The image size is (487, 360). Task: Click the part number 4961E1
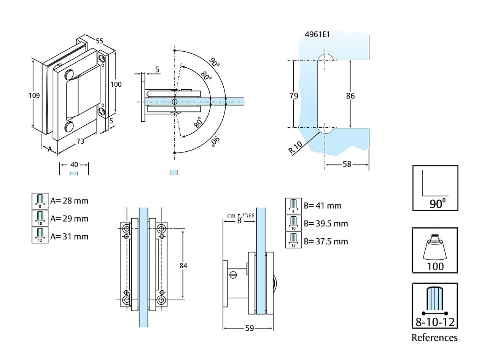[x=317, y=35]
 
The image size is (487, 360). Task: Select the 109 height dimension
[x=34, y=95]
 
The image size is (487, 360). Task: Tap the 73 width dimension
[x=81, y=141]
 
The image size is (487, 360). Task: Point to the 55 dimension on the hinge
[x=99, y=41]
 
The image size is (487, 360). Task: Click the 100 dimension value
[x=116, y=84]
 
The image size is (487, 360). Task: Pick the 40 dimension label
[x=74, y=165]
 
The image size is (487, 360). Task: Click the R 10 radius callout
[x=296, y=147]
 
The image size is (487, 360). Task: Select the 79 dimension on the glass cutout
[x=294, y=96]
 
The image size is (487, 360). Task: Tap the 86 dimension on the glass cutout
[x=350, y=96]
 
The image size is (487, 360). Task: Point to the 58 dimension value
[x=347, y=164]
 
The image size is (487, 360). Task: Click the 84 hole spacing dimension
[x=183, y=266]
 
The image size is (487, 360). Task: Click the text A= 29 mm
[x=69, y=219]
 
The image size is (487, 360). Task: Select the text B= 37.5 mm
[x=326, y=241]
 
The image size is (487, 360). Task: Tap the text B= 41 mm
[x=323, y=206]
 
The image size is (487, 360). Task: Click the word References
[x=434, y=338]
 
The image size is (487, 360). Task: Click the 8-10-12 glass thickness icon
[x=435, y=306]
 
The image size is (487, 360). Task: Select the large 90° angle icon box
[x=435, y=188]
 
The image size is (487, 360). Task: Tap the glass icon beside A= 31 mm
[x=40, y=235]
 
